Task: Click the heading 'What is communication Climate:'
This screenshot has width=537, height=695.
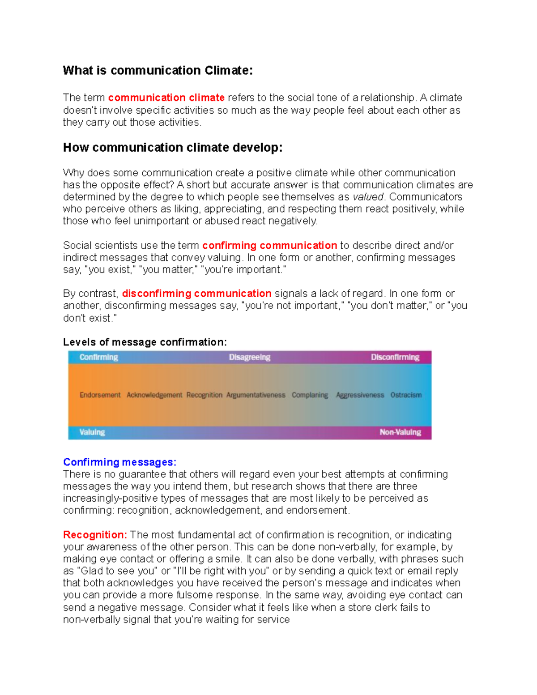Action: (158, 71)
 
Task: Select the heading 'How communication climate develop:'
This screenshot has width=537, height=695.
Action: (173, 148)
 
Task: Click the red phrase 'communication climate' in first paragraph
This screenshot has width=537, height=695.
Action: (166, 98)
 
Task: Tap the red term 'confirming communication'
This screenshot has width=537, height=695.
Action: (269, 245)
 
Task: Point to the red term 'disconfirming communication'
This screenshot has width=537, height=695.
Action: (196, 294)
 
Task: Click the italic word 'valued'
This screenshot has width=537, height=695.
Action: (368, 197)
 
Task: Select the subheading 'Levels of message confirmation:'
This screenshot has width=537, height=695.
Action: (145, 342)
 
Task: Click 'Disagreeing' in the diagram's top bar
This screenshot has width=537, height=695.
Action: (250, 357)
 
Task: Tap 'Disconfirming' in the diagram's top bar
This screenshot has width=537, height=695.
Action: (395, 357)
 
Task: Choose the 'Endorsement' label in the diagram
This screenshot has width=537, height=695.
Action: (100, 395)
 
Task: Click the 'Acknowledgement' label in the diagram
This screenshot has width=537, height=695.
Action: (154, 395)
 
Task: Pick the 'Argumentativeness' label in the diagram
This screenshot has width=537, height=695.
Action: (256, 395)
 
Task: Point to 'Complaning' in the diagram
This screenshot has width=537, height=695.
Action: (310, 395)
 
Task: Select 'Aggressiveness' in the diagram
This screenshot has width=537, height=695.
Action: (360, 395)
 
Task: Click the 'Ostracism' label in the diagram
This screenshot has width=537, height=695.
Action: (406, 395)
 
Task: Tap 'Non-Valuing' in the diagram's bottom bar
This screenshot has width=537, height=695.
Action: (400, 432)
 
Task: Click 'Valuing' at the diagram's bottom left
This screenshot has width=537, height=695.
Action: (92, 432)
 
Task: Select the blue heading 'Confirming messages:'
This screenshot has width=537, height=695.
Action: (119, 462)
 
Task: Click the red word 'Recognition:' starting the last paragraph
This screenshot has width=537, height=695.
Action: (95, 535)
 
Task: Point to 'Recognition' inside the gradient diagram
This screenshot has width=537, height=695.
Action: (204, 395)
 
